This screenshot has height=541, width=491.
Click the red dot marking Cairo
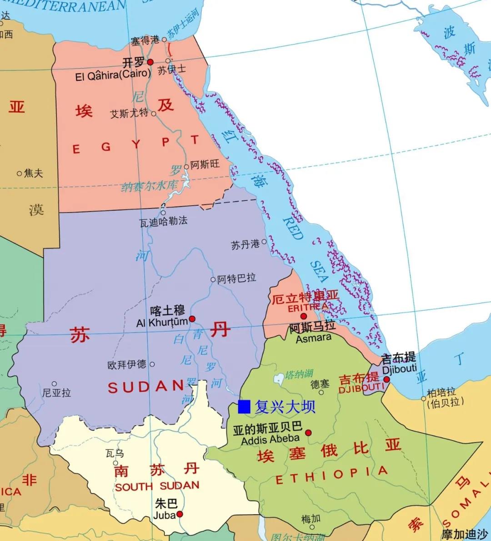[150, 62]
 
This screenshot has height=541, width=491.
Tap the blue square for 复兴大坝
[244, 407]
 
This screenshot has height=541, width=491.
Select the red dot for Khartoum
[192, 319]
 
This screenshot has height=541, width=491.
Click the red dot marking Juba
[180, 514]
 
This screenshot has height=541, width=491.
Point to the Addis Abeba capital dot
[308, 432]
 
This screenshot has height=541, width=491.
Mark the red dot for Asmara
[304, 316]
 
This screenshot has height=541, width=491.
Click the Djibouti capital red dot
[386, 379]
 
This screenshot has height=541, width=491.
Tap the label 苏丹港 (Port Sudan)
[245, 245]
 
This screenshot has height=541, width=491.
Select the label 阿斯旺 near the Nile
[205, 164]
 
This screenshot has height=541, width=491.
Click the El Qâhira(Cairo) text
[113, 75]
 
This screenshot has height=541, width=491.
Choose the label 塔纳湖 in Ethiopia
[300, 374]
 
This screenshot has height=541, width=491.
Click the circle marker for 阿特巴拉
[213, 279]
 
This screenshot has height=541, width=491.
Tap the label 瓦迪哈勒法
[163, 222]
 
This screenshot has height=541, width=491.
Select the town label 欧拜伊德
[127, 364]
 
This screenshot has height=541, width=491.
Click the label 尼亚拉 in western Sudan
[57, 392]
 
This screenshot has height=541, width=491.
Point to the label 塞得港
[145, 40]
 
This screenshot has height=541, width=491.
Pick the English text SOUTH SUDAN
[157, 486]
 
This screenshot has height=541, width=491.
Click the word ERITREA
[308, 308]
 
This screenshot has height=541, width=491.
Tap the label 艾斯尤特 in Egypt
[129, 113]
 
